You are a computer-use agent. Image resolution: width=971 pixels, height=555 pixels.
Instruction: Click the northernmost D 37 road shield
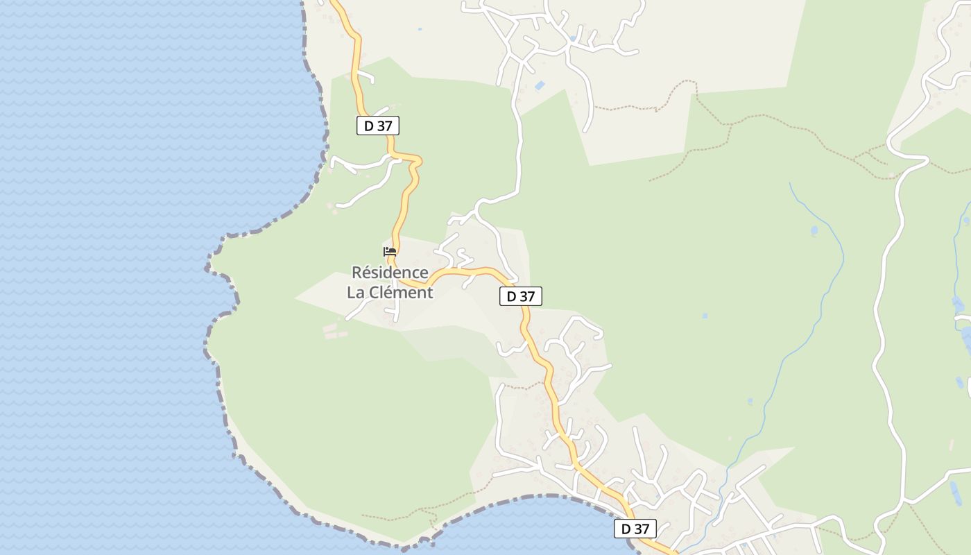point(378,126)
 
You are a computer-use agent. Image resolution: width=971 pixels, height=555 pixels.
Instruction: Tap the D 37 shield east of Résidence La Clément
point(520,296)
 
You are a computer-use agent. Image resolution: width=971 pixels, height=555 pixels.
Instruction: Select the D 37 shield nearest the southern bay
point(635,529)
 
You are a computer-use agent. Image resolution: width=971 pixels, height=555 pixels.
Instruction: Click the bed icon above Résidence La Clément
point(390,251)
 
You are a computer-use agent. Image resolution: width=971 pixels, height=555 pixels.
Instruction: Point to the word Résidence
point(390,272)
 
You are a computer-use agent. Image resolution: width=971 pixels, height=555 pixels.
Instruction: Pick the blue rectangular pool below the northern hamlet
point(540,85)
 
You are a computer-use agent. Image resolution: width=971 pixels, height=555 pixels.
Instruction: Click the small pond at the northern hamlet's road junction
point(572,39)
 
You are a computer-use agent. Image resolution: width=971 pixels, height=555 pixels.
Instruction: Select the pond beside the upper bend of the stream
point(814,230)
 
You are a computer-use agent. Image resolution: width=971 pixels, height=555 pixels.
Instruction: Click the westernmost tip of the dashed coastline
point(207,267)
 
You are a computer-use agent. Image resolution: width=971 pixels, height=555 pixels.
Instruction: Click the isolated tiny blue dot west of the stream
point(705,316)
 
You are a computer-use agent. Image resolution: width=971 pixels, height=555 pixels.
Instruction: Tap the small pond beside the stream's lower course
point(750,401)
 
